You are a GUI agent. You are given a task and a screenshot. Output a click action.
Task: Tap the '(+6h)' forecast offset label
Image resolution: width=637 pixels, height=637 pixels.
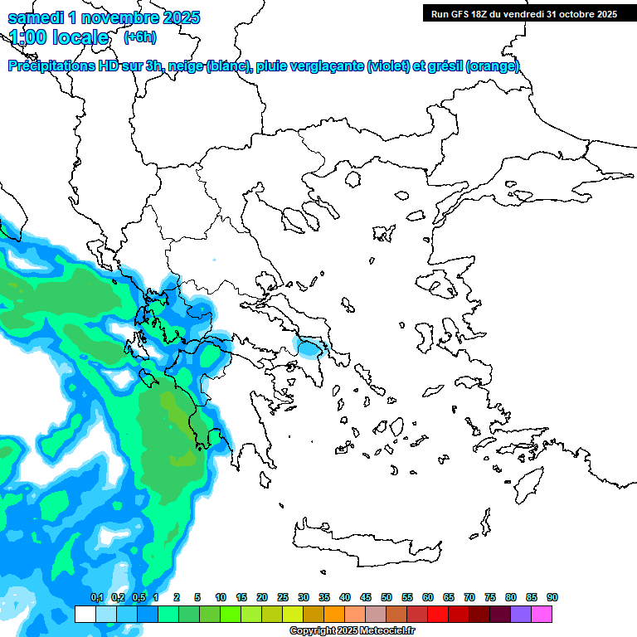(139, 36)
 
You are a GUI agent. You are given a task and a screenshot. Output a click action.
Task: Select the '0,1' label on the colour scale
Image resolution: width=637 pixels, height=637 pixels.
(96, 597)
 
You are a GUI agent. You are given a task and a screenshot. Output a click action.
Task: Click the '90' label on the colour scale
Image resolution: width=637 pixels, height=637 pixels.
(552, 597)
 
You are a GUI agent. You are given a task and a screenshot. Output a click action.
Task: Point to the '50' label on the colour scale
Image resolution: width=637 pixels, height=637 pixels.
(387, 597)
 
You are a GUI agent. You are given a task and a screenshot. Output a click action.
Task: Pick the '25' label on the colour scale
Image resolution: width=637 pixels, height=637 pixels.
(283, 597)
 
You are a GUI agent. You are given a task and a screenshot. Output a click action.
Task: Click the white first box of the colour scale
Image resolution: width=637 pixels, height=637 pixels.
(85, 614)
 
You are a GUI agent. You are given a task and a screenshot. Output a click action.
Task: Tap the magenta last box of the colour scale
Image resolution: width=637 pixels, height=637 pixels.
(542, 614)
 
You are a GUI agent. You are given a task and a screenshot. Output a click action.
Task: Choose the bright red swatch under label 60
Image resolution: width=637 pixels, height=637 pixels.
(438, 614)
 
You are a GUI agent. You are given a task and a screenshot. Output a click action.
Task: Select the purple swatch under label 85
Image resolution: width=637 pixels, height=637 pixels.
(521, 614)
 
